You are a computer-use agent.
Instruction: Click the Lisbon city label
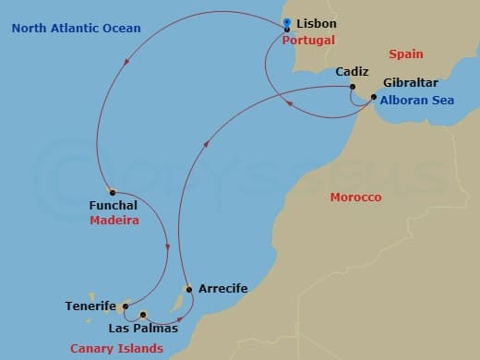tap(317, 23)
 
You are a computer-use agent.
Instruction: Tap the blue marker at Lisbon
tap(288, 22)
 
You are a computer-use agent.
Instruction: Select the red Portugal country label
tap(308, 41)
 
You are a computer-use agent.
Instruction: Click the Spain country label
tap(406, 54)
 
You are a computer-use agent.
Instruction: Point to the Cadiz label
tap(352, 71)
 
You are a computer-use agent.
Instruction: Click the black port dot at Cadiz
tap(353, 89)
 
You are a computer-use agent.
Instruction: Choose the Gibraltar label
tap(410, 82)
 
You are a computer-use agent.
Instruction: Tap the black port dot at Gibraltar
tap(373, 97)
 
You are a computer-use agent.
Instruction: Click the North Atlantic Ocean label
tap(76, 29)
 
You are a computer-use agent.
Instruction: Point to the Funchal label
tap(114, 205)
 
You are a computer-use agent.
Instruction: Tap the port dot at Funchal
tap(112, 192)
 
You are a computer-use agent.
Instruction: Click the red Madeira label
tap(114, 222)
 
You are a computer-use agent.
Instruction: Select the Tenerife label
tap(90, 306)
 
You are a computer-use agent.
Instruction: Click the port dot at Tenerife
tap(126, 307)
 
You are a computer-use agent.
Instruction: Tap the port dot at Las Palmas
tap(143, 315)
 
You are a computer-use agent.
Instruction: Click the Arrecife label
tap(222, 289)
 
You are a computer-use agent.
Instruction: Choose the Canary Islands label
tap(116, 348)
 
